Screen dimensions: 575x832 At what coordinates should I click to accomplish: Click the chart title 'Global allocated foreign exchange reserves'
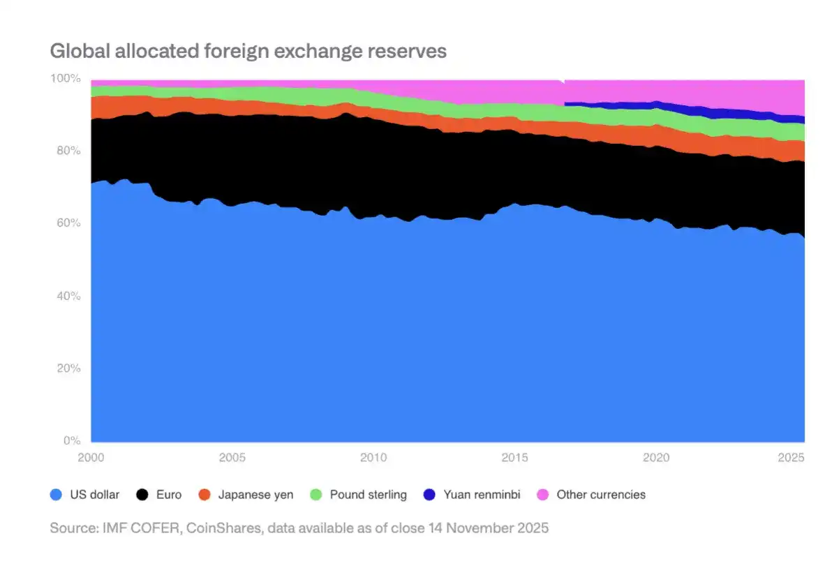coord(248,52)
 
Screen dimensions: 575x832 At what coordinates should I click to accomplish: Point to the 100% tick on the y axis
coord(67,79)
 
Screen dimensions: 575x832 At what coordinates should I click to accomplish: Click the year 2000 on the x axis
coord(91,458)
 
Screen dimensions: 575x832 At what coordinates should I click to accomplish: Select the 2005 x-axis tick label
coord(232,458)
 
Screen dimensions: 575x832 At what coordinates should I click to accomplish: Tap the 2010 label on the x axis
coord(373,458)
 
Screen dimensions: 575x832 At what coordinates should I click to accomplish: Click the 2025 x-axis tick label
coord(792,458)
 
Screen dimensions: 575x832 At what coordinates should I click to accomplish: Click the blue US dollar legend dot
coord(57,495)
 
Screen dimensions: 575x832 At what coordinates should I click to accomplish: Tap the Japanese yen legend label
coord(255,495)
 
